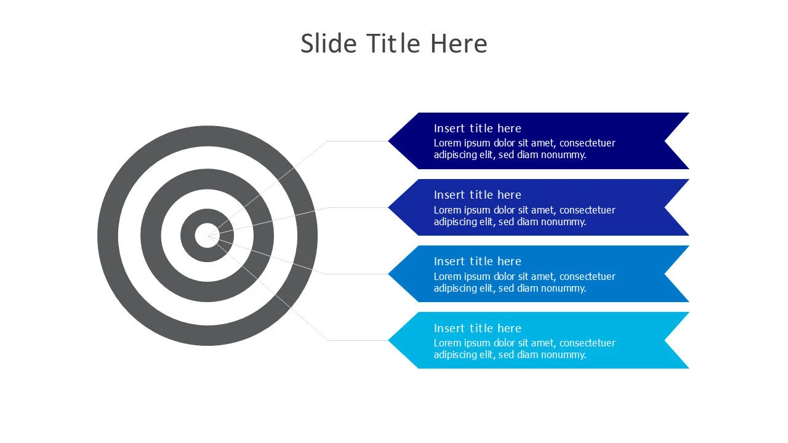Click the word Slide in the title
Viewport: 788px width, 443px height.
[x=329, y=44]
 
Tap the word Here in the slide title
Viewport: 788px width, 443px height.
[x=459, y=44]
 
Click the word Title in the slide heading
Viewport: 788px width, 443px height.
[x=393, y=44]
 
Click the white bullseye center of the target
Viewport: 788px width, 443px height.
[x=207, y=236]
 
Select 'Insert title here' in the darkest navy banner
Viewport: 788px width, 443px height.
[x=477, y=129]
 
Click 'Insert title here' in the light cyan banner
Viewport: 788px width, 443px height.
[x=477, y=328]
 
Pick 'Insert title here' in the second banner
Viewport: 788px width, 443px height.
[x=477, y=195]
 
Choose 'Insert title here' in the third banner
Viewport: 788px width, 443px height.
[x=477, y=261]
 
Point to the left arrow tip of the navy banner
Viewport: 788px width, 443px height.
[x=388, y=141]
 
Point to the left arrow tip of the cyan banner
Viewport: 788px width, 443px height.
[x=388, y=340]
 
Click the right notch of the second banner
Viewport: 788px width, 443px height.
[x=664, y=207]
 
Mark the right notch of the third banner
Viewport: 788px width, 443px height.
[x=664, y=274]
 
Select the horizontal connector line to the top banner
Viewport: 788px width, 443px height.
[x=358, y=141]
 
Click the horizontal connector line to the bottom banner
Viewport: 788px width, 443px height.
[x=358, y=340]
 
